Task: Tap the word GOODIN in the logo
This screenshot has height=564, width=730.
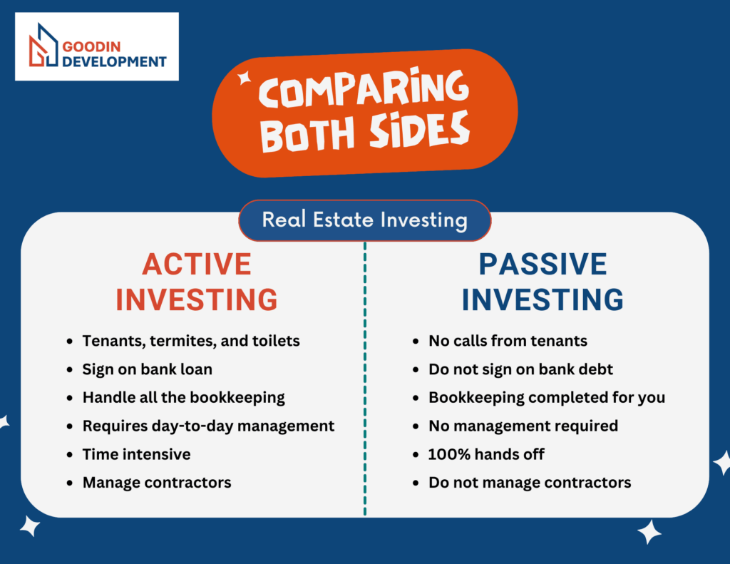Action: click(x=91, y=46)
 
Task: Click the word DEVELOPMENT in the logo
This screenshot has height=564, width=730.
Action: click(x=114, y=61)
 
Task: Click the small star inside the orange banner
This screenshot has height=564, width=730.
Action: click(x=245, y=78)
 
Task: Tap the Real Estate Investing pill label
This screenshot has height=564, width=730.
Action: click(x=364, y=220)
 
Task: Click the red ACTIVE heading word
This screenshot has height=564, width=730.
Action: click(x=197, y=264)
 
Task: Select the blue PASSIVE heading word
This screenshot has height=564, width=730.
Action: click(x=543, y=264)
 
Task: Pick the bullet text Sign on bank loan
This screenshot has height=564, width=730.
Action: click(x=147, y=369)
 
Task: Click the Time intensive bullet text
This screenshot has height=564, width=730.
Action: click(x=136, y=454)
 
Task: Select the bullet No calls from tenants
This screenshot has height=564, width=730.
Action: click(x=508, y=341)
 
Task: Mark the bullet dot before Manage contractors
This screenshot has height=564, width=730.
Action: click(x=70, y=483)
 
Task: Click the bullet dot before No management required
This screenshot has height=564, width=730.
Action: click(x=416, y=426)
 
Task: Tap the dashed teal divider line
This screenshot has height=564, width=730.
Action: click(x=365, y=378)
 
